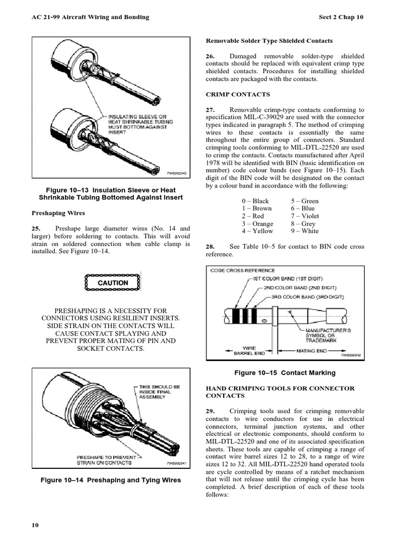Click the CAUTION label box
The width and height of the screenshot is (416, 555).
coord(113,282)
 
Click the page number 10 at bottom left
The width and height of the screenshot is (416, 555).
coord(35,526)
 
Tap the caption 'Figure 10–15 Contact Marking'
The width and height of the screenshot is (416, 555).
coord(284,373)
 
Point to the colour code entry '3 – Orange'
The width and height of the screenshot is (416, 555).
coord(257,223)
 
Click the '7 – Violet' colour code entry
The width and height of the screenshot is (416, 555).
coord(305,216)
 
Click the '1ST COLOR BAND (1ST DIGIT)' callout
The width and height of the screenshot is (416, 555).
coord(288,279)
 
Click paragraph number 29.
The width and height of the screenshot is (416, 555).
coord(211,411)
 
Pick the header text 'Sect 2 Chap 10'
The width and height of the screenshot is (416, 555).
coord(342,17)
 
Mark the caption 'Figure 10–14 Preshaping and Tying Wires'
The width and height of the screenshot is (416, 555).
coord(111,480)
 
